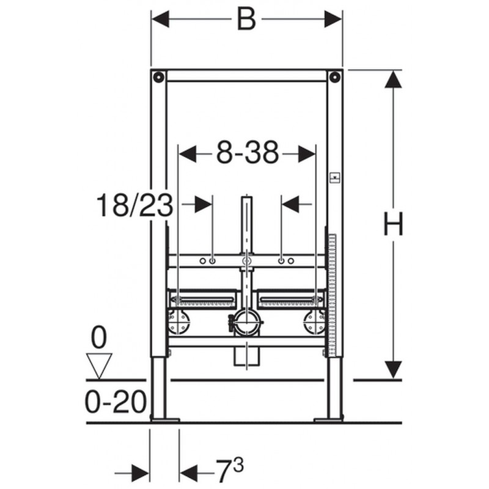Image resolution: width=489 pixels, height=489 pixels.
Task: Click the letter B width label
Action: coord(246,19)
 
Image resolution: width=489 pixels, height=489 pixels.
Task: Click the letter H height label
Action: coord(393,224)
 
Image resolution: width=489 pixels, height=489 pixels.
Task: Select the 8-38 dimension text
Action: coord(248,153)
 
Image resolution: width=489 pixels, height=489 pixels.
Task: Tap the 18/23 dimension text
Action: coord(134,205)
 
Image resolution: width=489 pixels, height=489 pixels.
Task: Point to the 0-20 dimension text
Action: coord(116,402)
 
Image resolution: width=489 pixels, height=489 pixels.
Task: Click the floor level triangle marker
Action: coord(99,366)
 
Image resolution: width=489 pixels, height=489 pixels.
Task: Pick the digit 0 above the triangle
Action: coord(99,337)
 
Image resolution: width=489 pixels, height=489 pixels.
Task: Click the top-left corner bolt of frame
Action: coord(159,77)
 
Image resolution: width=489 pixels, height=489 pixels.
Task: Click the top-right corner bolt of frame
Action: coord(335,77)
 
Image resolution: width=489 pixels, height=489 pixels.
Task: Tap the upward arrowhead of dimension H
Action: coord(393,79)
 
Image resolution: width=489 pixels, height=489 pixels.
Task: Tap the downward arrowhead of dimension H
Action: coord(393,370)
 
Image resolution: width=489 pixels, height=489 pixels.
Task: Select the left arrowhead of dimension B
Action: coord(160,19)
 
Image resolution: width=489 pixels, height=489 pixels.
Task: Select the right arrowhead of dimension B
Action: coord(333,19)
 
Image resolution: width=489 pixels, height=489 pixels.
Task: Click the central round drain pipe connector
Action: coord(247,323)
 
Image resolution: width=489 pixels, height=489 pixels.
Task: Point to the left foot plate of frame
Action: coord(165,420)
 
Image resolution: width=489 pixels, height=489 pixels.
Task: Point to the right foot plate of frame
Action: coord(329,420)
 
